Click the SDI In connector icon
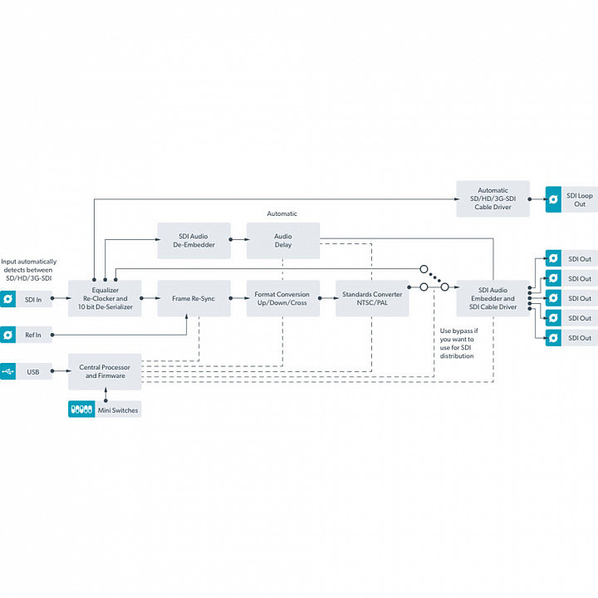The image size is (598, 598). click(8, 298)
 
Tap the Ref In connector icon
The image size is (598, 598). click(8, 335)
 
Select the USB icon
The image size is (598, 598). click(8, 371)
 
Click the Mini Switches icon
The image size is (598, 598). click(81, 409)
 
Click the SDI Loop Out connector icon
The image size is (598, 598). click(553, 199)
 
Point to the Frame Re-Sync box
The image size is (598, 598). click(194, 298)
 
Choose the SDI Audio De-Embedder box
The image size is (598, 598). click(194, 240)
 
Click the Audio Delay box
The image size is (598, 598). click(283, 240)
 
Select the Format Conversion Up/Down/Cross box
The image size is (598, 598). click(282, 298)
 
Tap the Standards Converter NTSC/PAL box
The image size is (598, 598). click(372, 298)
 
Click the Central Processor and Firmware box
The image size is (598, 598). click(105, 371)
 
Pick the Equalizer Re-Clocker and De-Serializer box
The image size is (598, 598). click(105, 298)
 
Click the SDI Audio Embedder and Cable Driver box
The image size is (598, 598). click(493, 298)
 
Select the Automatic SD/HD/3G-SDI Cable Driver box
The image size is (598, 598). click(493, 199)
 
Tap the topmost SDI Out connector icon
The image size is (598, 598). click(553, 258)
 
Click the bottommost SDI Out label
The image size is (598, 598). click(580, 338)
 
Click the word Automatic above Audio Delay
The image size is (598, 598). click(282, 214)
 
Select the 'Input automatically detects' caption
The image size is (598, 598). click(27, 270)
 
